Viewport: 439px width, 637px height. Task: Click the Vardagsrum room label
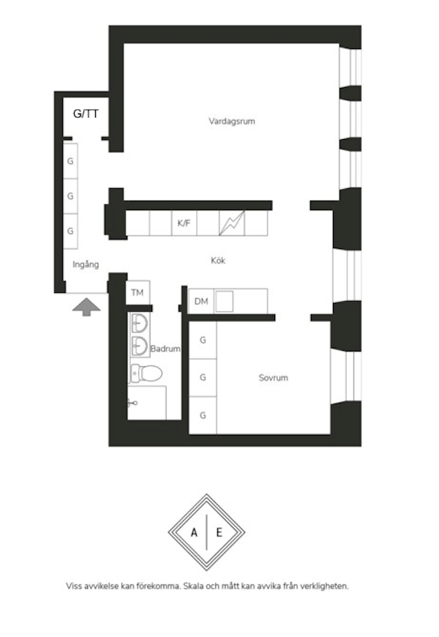(232, 121)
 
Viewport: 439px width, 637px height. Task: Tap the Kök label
(218, 261)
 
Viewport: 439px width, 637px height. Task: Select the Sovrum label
(274, 378)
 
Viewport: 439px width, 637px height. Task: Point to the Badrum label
(165, 349)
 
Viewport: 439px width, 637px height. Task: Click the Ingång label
(86, 264)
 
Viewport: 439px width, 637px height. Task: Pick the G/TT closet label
(86, 113)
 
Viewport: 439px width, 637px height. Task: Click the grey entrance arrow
(86, 307)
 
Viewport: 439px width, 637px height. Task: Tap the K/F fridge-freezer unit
(184, 223)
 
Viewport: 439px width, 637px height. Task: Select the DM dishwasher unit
(201, 301)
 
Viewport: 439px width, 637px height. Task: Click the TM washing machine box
(138, 292)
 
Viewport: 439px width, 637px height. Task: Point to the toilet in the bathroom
(146, 373)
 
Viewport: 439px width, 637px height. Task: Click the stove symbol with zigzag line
(232, 223)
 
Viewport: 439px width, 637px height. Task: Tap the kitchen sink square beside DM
(224, 301)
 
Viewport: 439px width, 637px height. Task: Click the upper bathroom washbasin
(139, 324)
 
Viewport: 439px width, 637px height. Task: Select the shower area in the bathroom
(146, 403)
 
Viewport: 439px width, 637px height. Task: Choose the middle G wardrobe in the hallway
(70, 196)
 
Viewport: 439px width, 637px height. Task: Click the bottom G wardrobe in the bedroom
(203, 415)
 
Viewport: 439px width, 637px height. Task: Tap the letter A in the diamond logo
(194, 532)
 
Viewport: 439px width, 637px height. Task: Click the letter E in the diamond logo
(219, 532)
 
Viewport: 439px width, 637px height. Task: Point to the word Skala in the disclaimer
(194, 586)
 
